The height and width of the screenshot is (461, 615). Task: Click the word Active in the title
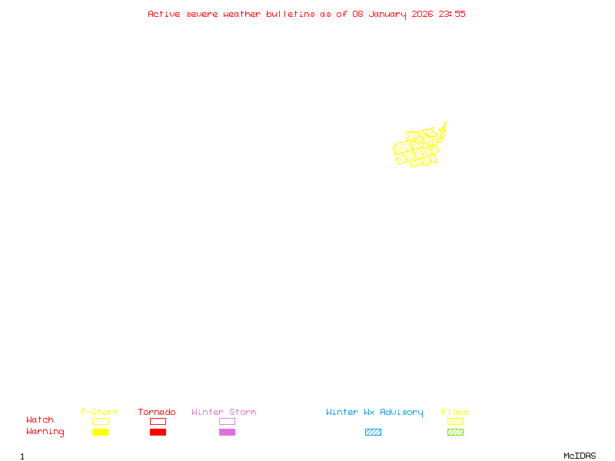[x=165, y=14]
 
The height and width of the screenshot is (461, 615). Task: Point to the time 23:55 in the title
[x=451, y=14]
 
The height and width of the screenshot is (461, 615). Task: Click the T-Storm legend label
[x=99, y=412]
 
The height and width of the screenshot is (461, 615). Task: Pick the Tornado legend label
[x=157, y=412]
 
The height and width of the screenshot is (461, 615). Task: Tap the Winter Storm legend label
[x=224, y=412]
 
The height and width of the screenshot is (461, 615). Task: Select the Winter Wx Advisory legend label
[x=374, y=412]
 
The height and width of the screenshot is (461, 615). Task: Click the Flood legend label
[x=455, y=412]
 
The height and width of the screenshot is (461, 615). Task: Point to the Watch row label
[x=40, y=420]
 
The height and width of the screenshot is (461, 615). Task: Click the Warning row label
[x=45, y=432]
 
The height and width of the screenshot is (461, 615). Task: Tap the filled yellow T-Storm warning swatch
[x=100, y=433]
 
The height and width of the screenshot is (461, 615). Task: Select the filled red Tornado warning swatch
[x=158, y=433]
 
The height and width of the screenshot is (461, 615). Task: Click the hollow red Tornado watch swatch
[x=158, y=421]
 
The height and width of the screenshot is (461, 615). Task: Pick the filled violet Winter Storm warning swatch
[x=227, y=433]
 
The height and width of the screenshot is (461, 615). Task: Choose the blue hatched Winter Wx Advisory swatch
[x=373, y=433]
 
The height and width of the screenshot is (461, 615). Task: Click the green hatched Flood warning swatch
[x=455, y=433]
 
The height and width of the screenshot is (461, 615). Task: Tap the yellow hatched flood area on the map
[x=415, y=149]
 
